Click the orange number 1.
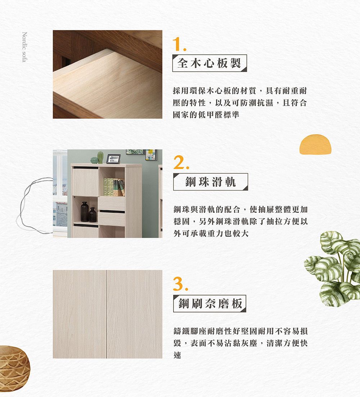[x=179, y=45]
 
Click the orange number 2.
[x=181, y=162]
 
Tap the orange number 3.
[x=181, y=284]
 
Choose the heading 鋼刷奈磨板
[x=210, y=303]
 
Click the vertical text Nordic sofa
[x=24, y=47]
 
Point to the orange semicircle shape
[x=315, y=144]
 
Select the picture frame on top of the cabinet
[x=113, y=159]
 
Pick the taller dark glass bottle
[x=85, y=212]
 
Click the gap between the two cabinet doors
[x=106, y=314]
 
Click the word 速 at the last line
[x=177, y=355]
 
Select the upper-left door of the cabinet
[x=85, y=182]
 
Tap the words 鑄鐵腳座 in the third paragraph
[x=190, y=331]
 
